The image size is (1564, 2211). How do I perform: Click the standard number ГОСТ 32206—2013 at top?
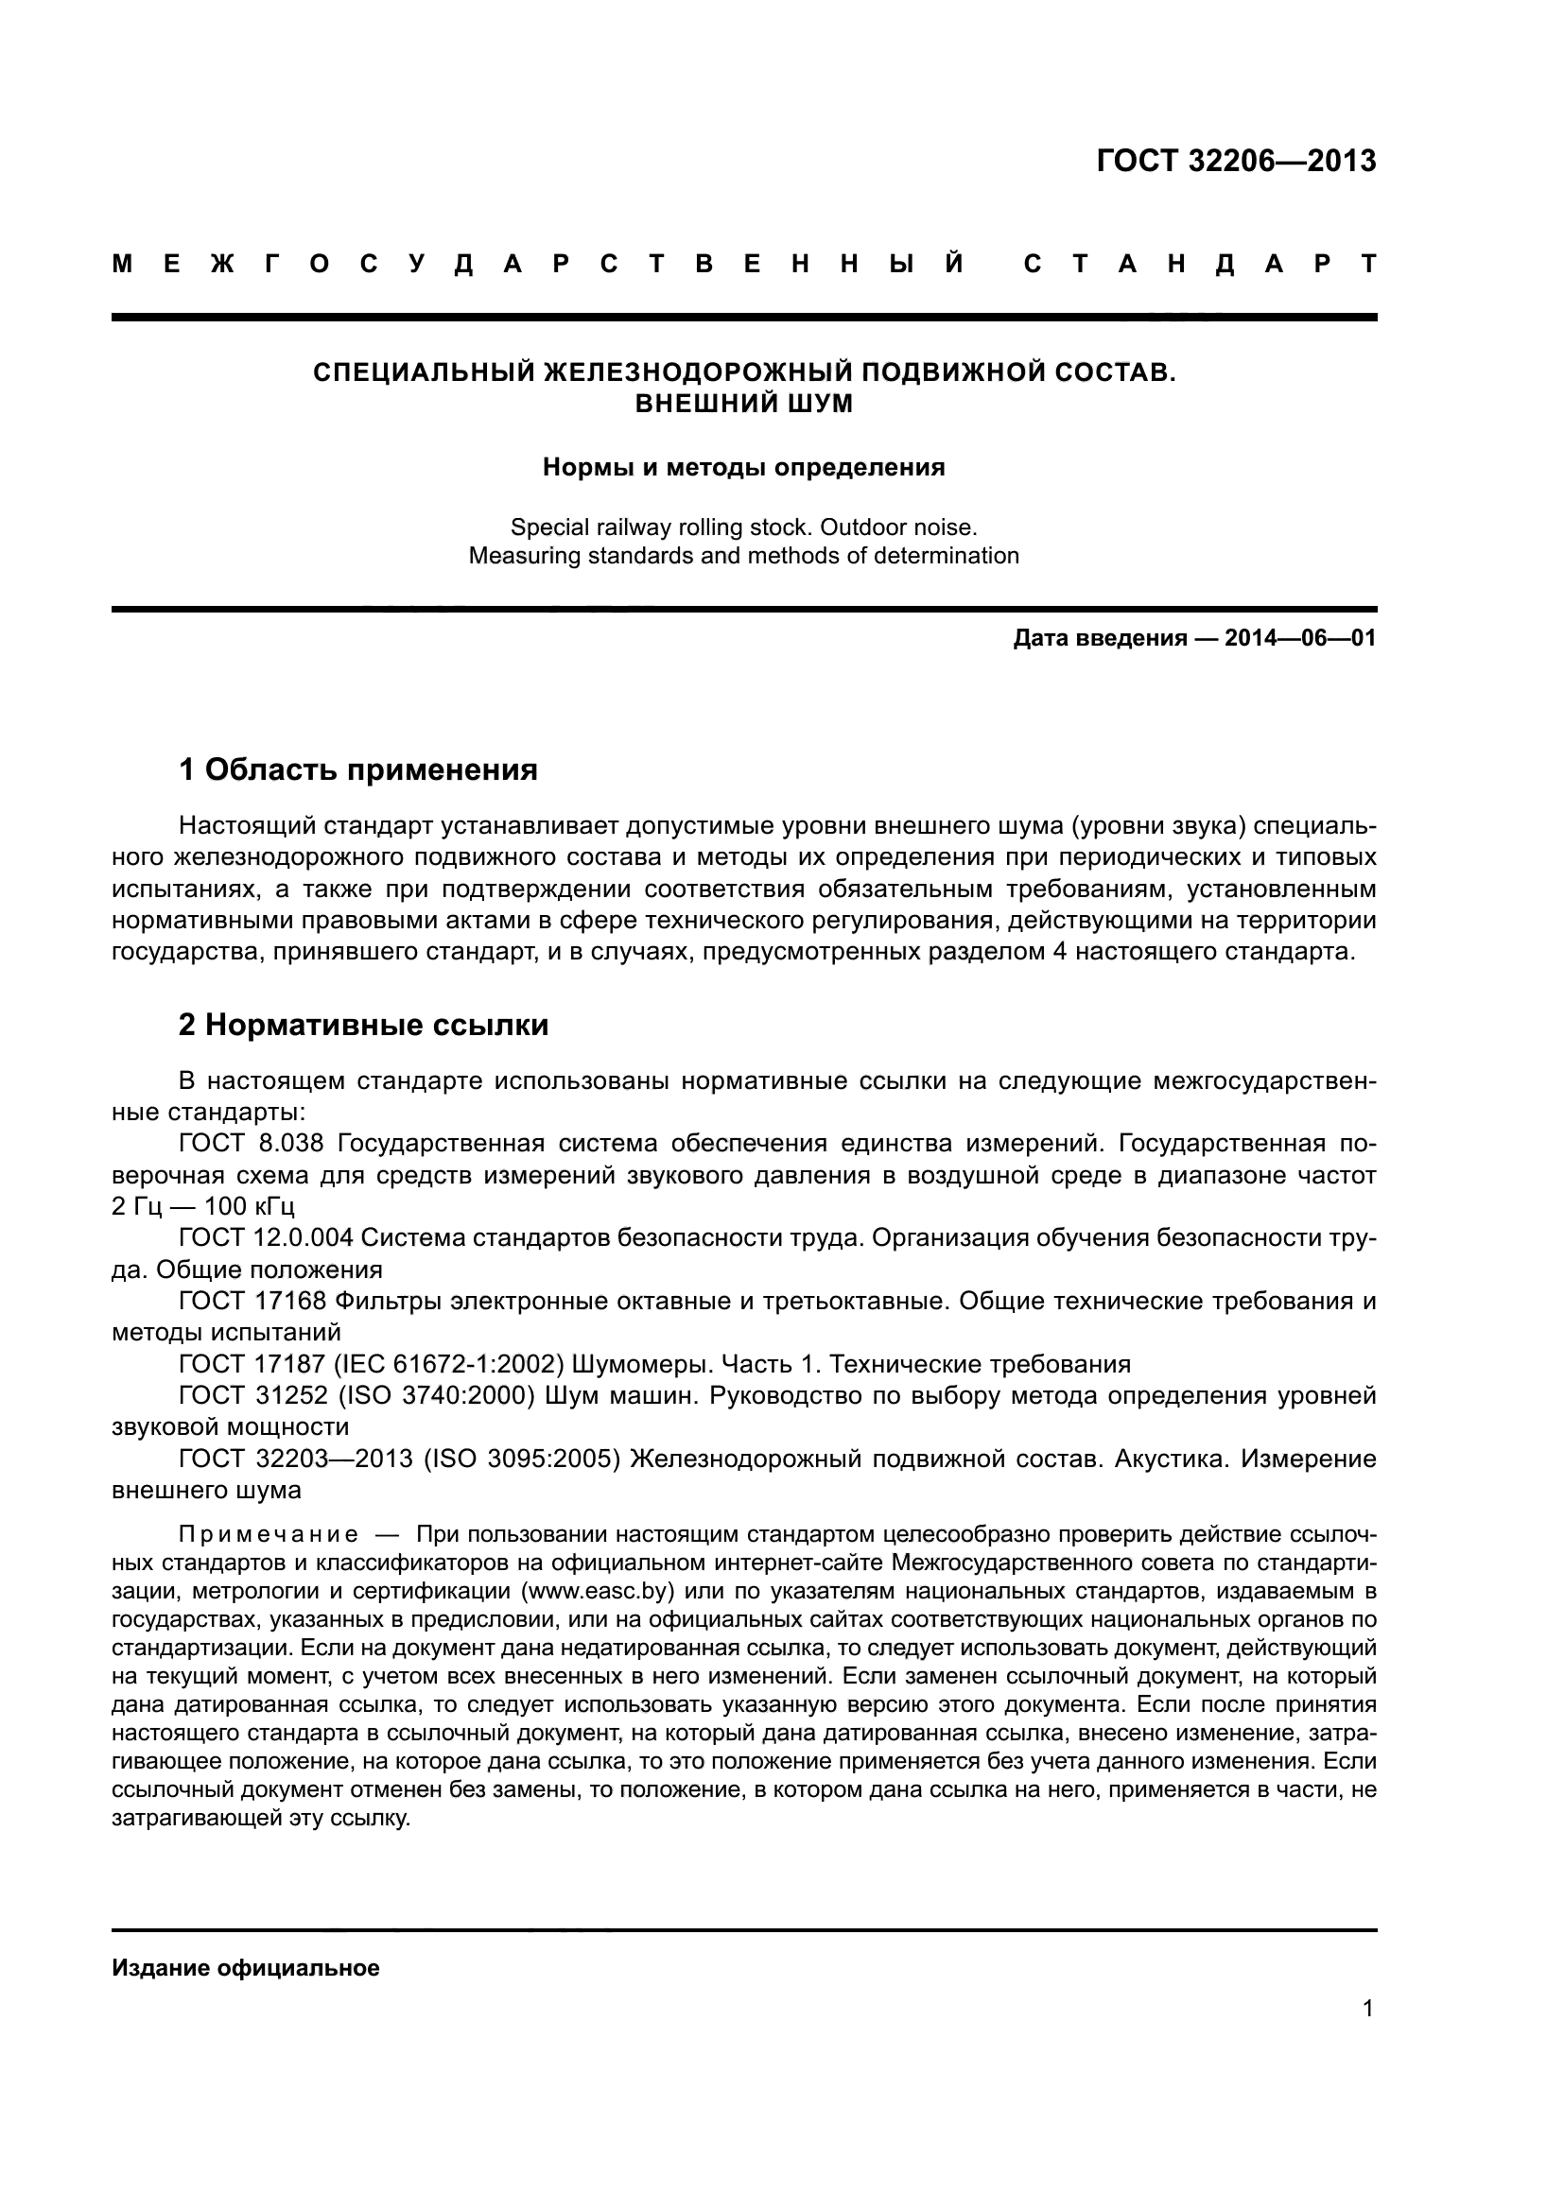[1236, 161]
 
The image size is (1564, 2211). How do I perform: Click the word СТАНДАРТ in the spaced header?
[1200, 264]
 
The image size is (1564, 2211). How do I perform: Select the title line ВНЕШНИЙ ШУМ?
[743, 404]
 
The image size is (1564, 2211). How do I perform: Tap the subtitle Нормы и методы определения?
[743, 468]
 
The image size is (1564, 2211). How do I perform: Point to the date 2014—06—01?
[1300, 638]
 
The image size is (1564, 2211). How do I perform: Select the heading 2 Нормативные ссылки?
[363, 1025]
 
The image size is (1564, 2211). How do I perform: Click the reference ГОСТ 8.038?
[252, 1143]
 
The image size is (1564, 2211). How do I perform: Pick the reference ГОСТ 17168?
[252, 1301]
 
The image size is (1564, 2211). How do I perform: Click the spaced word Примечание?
[269, 1534]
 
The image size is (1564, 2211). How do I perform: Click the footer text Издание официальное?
[246, 1968]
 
